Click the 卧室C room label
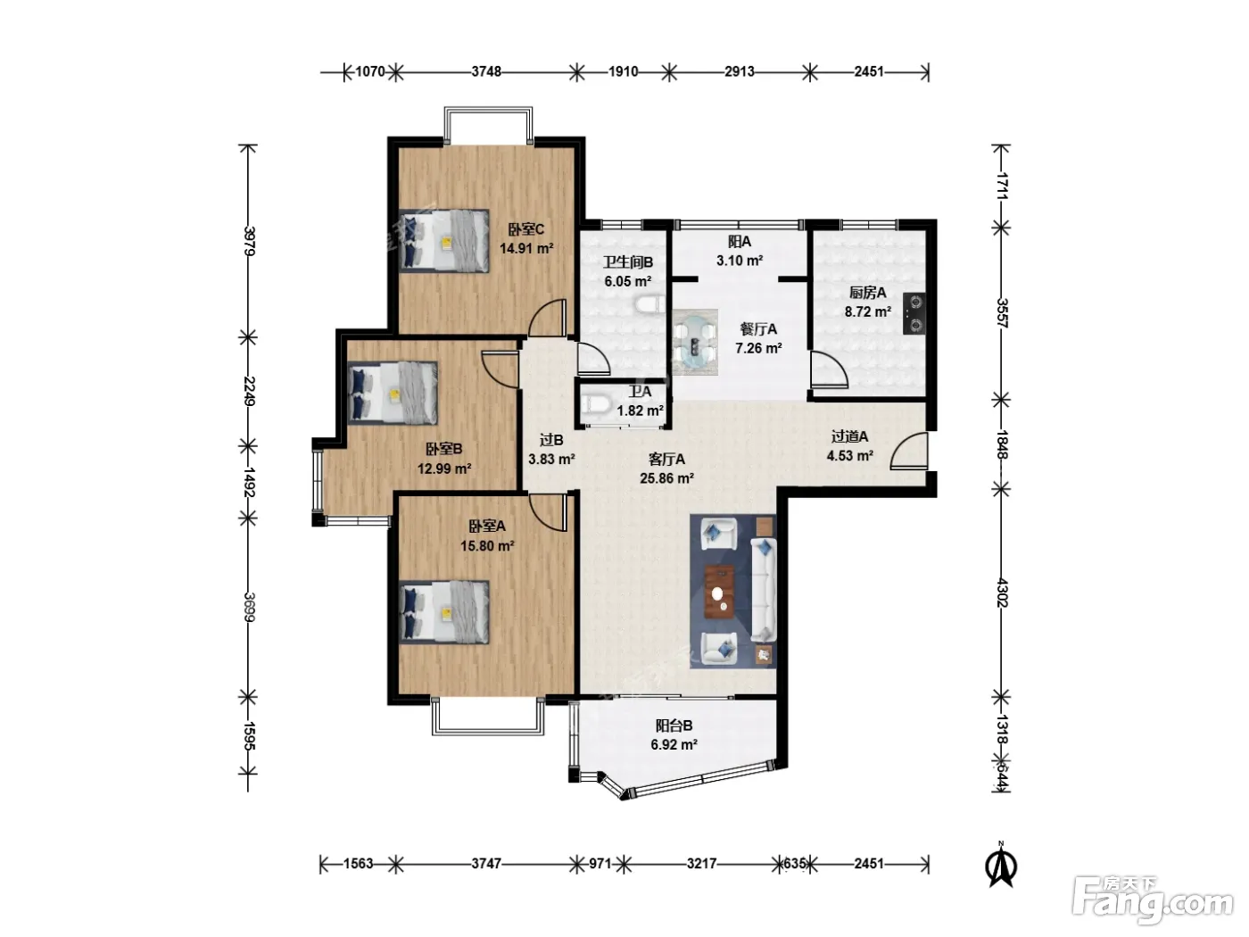pos(525,229)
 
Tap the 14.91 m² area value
pos(526,249)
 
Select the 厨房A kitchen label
pos(867,293)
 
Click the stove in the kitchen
pos(914,313)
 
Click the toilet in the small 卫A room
pos(596,405)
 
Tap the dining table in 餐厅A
pos(694,343)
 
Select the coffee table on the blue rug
pos(719,592)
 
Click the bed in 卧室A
pos(443,612)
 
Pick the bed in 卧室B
pos(393,393)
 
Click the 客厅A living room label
pos(666,459)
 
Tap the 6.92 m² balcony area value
pos(674,745)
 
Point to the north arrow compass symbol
pos(1001,866)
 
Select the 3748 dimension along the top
pos(486,71)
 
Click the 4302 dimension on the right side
pos(1002,593)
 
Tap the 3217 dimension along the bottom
pos(701,864)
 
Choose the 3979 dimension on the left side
pos(249,241)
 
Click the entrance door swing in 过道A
pos(909,451)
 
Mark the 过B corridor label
pos(550,440)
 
